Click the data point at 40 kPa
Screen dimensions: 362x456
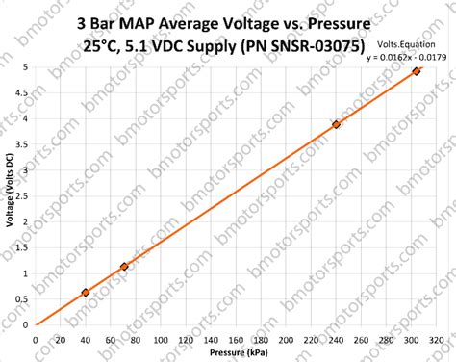pos(86,292)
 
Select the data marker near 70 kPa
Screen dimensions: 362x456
pos(123,266)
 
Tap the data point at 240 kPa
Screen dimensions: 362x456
pos(336,124)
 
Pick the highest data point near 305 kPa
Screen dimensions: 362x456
pos(417,71)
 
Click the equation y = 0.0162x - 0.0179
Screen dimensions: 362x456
pos(399,57)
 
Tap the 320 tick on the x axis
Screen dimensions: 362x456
pos(436,339)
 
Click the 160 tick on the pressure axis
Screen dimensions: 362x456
pos(236,339)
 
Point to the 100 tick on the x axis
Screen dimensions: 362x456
pos(161,339)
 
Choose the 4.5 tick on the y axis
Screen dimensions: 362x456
pos(24,93)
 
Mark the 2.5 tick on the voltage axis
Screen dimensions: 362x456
pos(24,196)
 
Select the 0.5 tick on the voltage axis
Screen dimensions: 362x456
pos(24,299)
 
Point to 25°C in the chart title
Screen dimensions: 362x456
pos(103,45)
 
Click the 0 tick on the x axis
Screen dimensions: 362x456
pos(36,339)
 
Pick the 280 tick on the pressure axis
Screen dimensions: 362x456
pos(386,339)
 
